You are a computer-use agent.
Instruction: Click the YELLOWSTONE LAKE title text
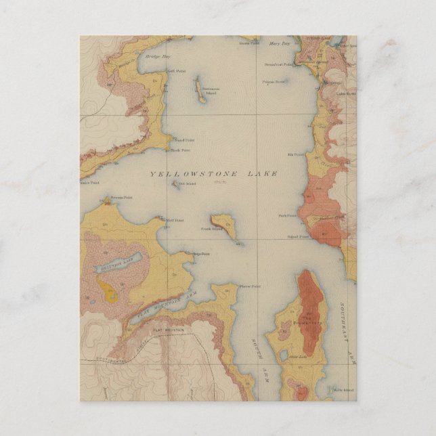213,174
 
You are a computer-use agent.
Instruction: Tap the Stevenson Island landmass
201,90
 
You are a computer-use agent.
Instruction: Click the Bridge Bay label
156,58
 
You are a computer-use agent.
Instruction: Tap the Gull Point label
157,70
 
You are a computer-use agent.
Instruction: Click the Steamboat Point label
279,65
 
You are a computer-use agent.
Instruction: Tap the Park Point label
287,216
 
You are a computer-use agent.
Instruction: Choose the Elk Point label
295,155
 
